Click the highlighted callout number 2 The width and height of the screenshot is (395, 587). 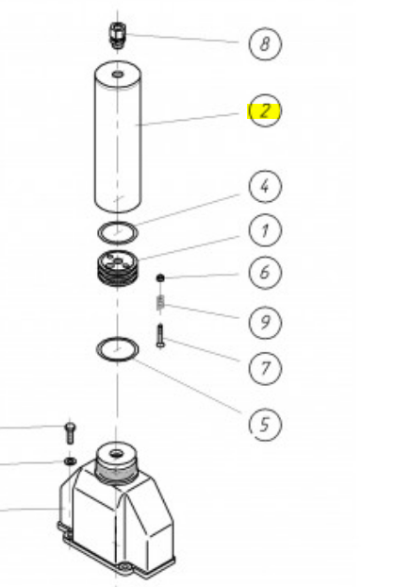265,110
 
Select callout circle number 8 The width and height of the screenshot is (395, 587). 265,43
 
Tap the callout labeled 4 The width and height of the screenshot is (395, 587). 265,186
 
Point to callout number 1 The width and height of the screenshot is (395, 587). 265,230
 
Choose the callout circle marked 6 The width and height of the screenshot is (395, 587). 265,272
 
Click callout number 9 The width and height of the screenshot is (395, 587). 265,323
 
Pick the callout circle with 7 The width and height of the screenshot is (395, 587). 265,368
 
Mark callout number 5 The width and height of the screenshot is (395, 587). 265,424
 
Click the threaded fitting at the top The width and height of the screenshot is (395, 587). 118,35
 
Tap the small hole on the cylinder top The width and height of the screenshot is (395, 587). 118,75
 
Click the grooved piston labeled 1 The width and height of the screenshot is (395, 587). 118,268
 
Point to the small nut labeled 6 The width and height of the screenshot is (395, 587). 160,277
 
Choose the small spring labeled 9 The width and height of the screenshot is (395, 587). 160,303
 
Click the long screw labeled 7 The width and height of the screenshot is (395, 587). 160,336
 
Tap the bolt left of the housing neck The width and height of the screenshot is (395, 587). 70,433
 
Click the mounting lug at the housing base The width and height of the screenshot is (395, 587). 124,567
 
